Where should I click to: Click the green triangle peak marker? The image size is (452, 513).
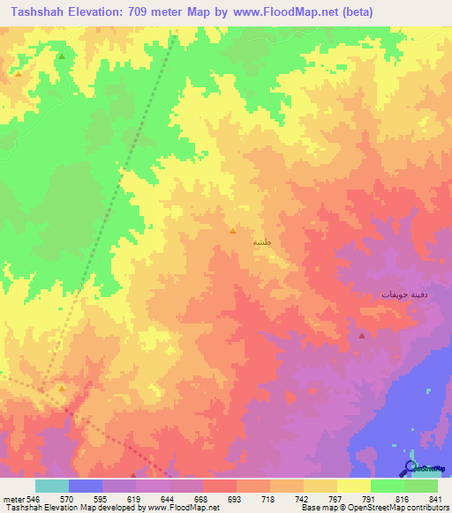point(62,56)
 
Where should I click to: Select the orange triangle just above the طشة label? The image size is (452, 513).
point(232,231)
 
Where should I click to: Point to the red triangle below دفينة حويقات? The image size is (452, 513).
point(362,335)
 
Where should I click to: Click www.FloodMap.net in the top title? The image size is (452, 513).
point(269,12)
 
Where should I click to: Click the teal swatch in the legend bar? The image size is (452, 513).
point(52,486)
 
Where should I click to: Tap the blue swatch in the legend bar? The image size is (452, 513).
point(86,486)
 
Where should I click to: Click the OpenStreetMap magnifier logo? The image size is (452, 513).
point(411,466)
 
